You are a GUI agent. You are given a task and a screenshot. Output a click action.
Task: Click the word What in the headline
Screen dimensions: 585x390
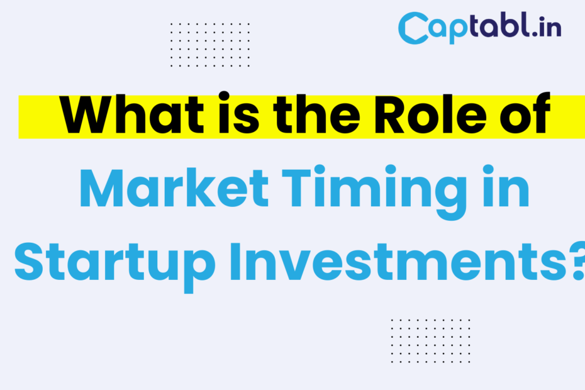click(131, 114)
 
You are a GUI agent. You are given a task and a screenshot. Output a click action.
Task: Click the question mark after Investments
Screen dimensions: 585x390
click(579, 261)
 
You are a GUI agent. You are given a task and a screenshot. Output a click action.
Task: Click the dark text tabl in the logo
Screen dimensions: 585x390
click(499, 25)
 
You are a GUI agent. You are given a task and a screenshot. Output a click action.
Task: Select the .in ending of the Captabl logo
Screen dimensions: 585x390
click(547, 27)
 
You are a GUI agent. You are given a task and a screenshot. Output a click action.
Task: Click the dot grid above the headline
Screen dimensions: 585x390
click(210, 45)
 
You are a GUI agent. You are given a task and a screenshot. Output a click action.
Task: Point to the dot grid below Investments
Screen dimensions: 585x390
click(430, 340)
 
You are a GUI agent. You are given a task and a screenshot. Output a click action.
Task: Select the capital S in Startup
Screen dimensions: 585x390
click(29, 262)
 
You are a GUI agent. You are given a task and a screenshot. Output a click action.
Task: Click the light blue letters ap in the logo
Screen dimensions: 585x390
click(448, 30)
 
